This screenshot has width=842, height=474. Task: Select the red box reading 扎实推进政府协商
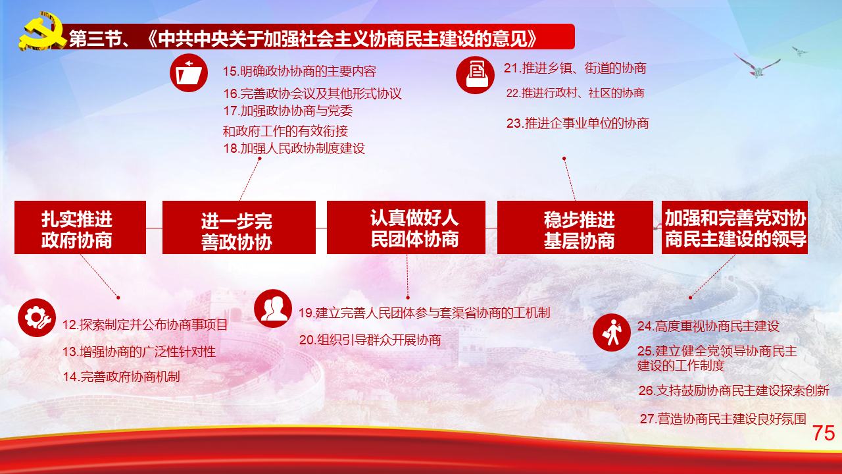click(80, 228)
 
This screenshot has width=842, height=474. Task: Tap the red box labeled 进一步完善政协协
click(239, 228)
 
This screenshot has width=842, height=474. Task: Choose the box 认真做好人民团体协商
click(406, 228)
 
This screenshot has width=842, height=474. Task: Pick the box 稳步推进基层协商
click(575, 228)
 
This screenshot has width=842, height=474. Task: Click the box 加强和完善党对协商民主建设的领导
click(735, 228)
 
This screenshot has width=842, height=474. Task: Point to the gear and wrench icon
click(37, 318)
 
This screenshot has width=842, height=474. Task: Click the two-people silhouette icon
click(273, 309)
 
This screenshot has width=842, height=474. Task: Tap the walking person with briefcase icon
click(612, 332)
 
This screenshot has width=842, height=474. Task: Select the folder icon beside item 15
click(189, 73)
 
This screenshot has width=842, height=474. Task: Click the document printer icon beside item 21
click(475, 75)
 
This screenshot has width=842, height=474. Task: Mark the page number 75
click(824, 433)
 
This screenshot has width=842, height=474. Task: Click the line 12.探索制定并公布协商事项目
click(145, 325)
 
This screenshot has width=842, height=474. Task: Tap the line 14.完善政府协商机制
click(122, 377)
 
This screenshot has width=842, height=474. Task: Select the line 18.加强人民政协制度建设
click(294, 149)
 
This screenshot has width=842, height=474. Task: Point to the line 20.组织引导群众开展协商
click(370, 340)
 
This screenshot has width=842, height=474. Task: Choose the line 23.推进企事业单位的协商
click(578, 123)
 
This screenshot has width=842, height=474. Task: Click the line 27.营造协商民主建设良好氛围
click(723, 419)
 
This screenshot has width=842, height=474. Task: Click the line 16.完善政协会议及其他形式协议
click(312, 93)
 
